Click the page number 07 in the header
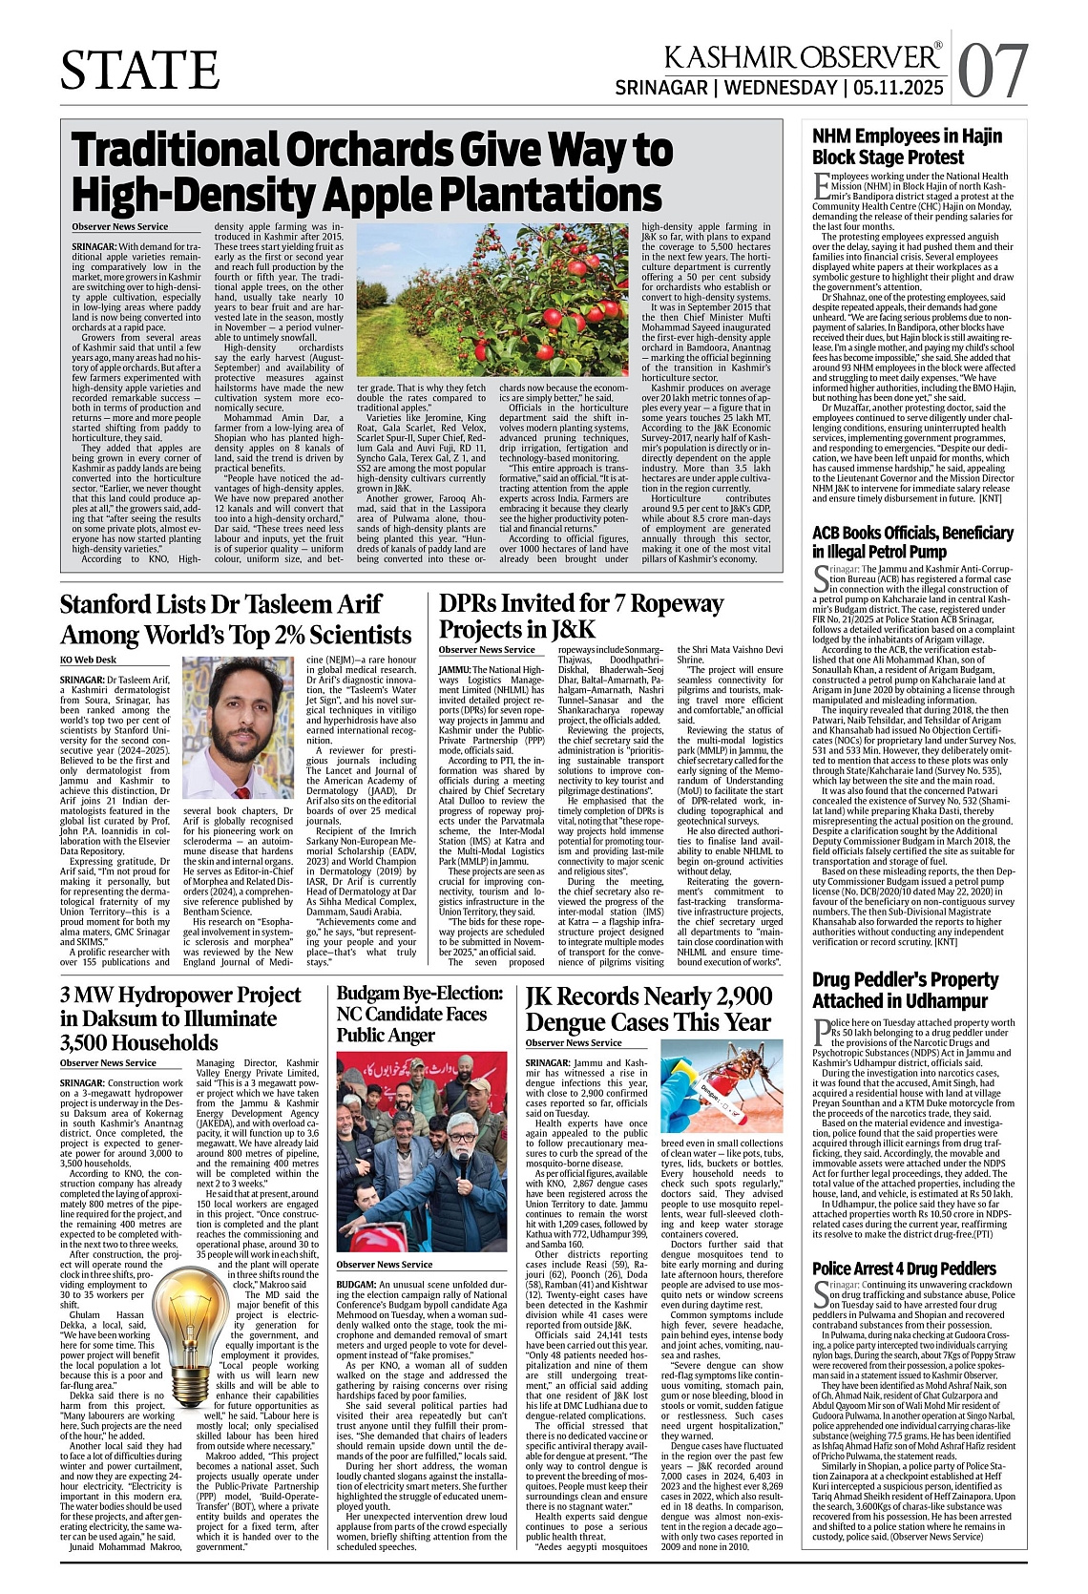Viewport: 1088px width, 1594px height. click(994, 72)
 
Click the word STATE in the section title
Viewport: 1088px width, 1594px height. click(139, 70)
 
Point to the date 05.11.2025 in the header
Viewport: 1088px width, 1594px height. click(900, 88)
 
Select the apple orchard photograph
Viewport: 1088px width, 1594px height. click(492, 301)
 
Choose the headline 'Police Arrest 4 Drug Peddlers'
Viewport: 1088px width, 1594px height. click(904, 1269)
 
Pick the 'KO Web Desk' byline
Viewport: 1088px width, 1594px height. click(88, 660)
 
